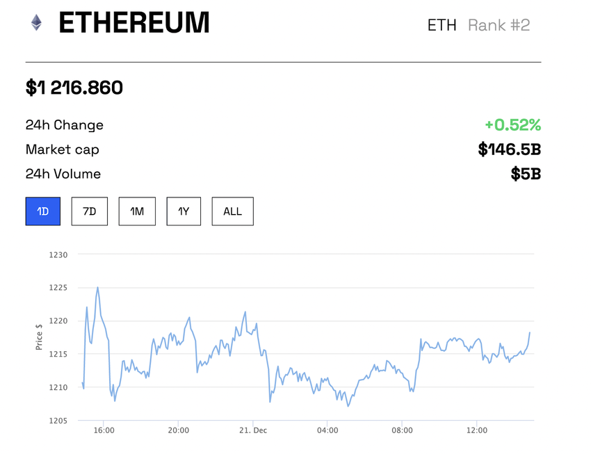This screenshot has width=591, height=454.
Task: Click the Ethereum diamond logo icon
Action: pos(36,23)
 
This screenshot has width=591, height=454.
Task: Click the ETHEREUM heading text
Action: pos(134,24)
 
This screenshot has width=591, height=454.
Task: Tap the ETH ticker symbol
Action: pos(442,25)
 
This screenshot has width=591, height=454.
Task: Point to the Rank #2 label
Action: pos(499,25)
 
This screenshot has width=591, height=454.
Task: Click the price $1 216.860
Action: pos(74,88)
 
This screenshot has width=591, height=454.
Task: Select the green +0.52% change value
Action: pos(512,125)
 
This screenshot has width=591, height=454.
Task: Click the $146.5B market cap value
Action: pos(509,149)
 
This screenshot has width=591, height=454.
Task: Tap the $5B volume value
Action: pos(525,174)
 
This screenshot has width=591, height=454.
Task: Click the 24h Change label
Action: pos(65,125)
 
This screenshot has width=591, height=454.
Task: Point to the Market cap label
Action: pos(63,149)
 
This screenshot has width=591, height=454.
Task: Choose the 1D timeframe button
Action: pos(43,211)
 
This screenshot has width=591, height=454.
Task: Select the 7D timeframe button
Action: pos(90,211)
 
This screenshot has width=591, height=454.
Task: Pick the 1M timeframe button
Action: pos(137,211)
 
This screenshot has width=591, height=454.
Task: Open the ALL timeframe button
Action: pos(232,211)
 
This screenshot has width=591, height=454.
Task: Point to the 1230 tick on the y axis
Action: pos(58,254)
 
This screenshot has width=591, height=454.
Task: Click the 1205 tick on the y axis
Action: pos(58,421)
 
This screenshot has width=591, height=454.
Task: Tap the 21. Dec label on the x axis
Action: pos(253,430)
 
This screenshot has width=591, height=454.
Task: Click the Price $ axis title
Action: pos(40,337)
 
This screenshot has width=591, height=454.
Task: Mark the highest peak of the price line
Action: pos(97,287)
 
